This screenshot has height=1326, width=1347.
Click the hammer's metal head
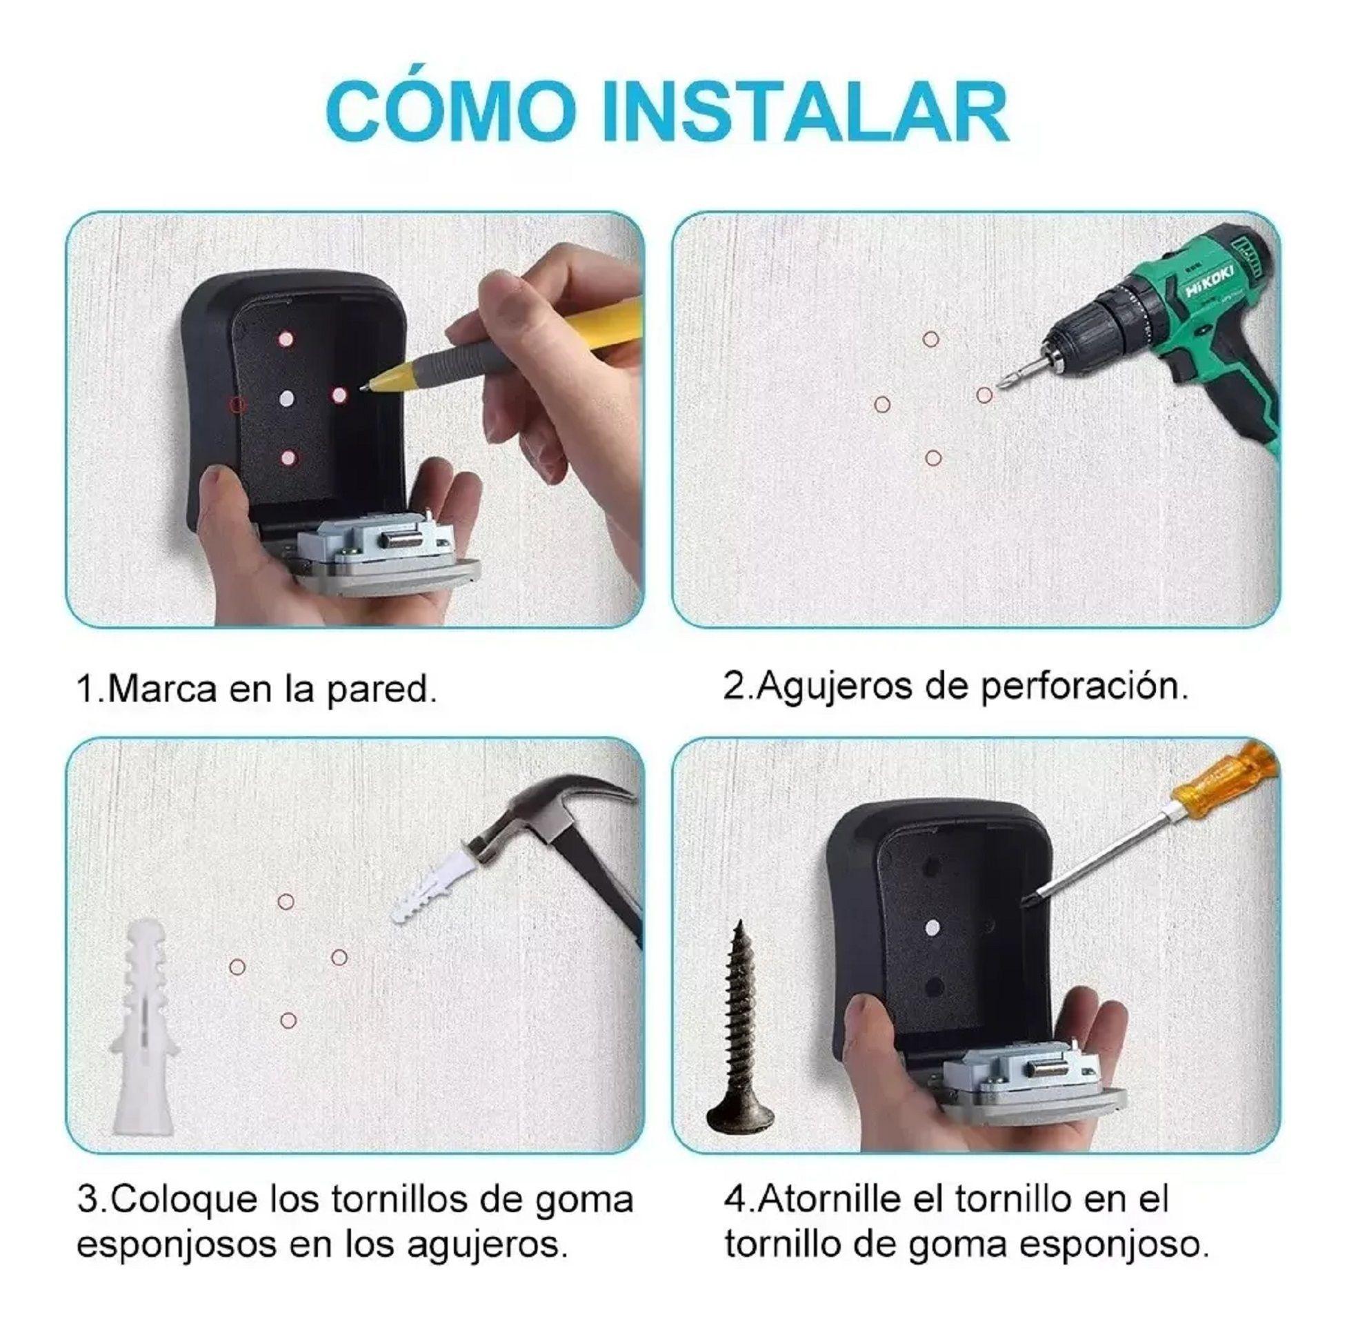coord(550,815)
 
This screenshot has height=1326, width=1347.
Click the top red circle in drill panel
coord(930,339)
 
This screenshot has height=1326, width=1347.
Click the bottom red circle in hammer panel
coord(288,1021)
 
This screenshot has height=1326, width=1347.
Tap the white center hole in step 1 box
coord(287,399)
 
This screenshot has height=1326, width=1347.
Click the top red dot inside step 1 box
coord(286,340)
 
